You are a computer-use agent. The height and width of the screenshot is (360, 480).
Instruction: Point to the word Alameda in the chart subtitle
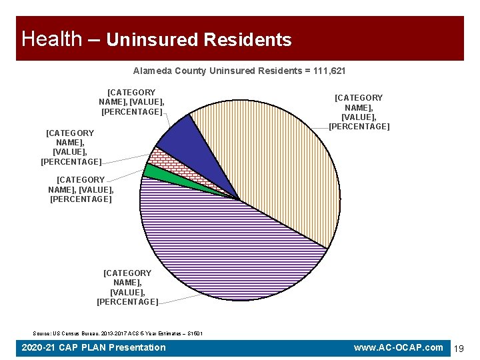[x=153, y=71]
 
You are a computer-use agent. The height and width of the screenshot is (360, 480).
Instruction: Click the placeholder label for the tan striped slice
[x=359, y=112]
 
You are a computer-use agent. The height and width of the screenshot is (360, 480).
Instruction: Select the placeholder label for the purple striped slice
[x=127, y=287]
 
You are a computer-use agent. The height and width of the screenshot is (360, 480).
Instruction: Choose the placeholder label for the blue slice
[x=131, y=102]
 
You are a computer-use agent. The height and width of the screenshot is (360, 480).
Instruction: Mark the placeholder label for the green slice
[x=81, y=189]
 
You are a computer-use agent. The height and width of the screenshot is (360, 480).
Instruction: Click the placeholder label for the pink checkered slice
[x=70, y=147]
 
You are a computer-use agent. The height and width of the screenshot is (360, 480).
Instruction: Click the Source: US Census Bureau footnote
[x=117, y=333]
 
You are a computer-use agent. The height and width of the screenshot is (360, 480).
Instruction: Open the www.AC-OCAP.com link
[x=399, y=347]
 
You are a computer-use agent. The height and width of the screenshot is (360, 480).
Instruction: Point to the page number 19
[x=459, y=348]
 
